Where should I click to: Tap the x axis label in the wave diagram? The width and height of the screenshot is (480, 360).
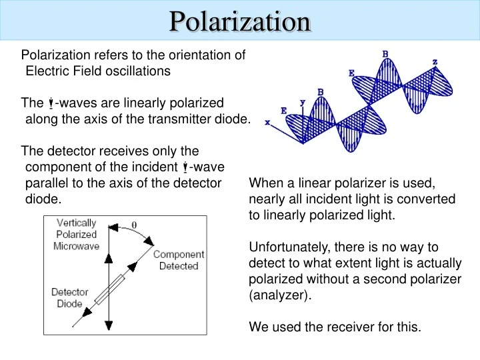point(267,123)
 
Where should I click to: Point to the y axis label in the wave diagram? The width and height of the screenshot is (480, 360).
point(303,102)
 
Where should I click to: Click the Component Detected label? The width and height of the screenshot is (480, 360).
point(179,260)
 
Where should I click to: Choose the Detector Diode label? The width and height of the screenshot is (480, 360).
point(69,298)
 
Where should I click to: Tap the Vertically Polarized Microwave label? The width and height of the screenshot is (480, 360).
point(77,234)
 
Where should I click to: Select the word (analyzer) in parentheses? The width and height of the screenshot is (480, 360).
point(279,295)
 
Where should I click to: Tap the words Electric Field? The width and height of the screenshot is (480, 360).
point(57,71)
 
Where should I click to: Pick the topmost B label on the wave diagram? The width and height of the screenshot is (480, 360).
point(385,53)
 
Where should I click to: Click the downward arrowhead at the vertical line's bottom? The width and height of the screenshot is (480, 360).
point(109,325)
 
